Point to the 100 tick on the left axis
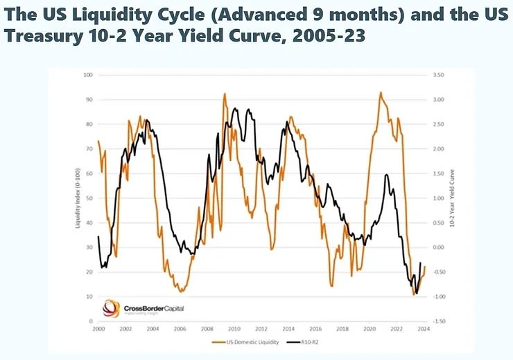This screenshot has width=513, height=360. pyautogui.click(x=88, y=74)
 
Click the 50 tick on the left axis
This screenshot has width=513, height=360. pyautogui.click(x=89, y=198)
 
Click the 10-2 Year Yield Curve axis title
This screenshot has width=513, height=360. pyautogui.click(x=451, y=198)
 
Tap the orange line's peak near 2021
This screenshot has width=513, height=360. pyautogui.click(x=381, y=92)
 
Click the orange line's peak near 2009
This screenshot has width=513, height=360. pyautogui.click(x=225, y=94)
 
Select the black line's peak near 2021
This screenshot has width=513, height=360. pyautogui.click(x=386, y=175)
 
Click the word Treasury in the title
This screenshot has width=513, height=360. pyautogui.click(x=42, y=35)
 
